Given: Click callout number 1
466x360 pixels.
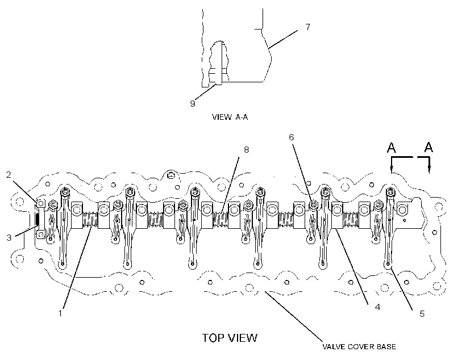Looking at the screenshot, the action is [60, 313].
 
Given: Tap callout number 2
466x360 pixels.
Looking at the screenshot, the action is [9, 175].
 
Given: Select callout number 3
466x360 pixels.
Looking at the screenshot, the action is [9, 237].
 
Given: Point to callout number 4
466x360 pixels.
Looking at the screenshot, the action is [377, 307].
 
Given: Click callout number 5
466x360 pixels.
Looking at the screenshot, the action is [422, 313].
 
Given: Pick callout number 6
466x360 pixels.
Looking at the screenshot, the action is [291, 137].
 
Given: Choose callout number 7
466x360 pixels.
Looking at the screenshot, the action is [308, 27].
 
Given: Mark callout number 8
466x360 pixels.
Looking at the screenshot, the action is [247, 150].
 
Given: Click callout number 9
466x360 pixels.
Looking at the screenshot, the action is [193, 103].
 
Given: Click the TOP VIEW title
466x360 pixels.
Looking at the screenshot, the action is [230, 338].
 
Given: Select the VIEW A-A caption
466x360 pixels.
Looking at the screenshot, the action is [230, 117].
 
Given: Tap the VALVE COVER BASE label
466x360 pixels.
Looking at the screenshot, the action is [359, 346].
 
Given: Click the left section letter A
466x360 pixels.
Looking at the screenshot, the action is [392, 148].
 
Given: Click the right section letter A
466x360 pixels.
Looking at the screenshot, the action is [428, 147].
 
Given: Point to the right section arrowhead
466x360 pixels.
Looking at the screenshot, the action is [429, 170].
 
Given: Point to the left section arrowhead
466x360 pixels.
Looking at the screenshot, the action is [392, 170].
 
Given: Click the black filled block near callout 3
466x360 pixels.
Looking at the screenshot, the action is [37, 219].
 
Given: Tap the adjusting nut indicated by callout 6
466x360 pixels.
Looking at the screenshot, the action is [313, 204].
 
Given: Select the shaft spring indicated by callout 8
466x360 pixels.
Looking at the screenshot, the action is [220, 220].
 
